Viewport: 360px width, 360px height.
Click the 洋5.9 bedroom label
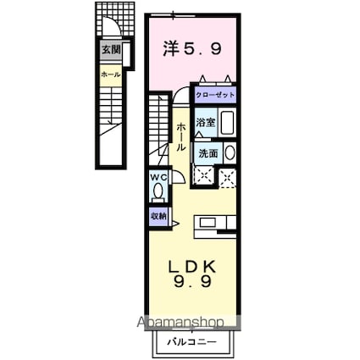coord(192,50)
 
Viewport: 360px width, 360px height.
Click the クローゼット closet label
coord(216,96)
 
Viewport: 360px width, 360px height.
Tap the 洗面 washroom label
coord(207,154)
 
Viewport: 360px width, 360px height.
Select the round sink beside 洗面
coord(230,153)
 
